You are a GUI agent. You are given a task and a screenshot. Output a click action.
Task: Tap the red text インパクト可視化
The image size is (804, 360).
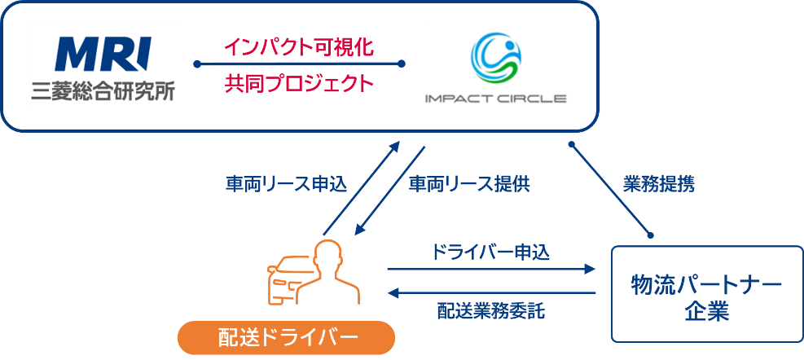(298, 47)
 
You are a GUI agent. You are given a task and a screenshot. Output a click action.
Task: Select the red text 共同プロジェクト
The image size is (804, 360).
(298, 83)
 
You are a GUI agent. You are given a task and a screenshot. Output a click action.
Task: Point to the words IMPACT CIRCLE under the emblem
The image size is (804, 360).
(494, 99)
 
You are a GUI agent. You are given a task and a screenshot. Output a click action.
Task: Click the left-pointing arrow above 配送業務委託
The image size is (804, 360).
(492, 292)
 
